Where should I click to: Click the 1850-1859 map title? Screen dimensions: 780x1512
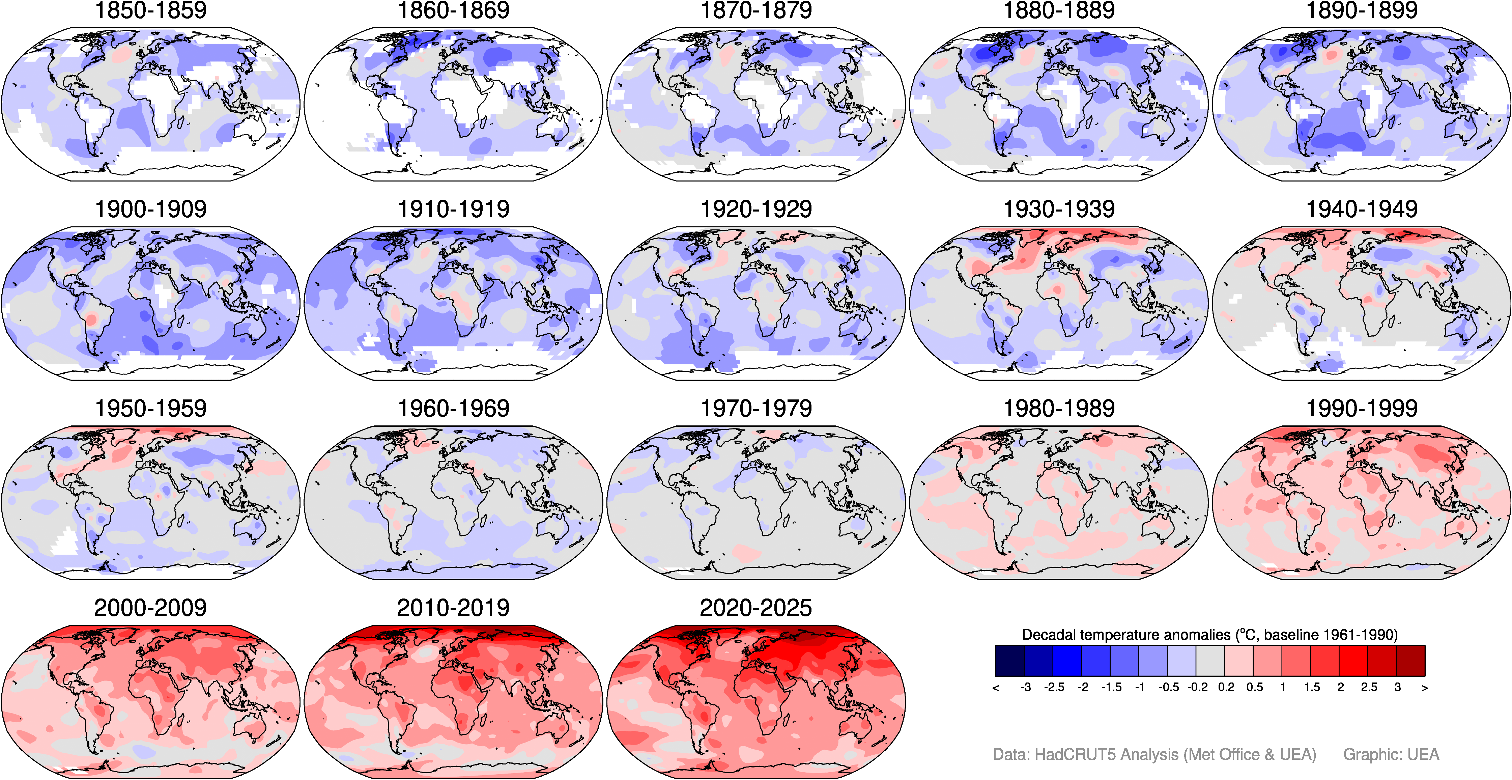[151, 10]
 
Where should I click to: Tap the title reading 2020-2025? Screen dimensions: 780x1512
[756, 608]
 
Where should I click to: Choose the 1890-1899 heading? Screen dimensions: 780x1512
[1362, 10]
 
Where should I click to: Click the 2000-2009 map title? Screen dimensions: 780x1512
[150, 608]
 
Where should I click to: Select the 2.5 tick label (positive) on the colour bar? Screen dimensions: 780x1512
[1369, 687]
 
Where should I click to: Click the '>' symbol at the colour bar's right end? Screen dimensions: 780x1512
[1425, 688]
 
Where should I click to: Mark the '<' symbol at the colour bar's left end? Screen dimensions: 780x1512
[996, 688]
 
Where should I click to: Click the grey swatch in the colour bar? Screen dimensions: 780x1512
[1210, 661]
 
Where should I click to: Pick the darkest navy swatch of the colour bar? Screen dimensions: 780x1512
[1009, 661]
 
